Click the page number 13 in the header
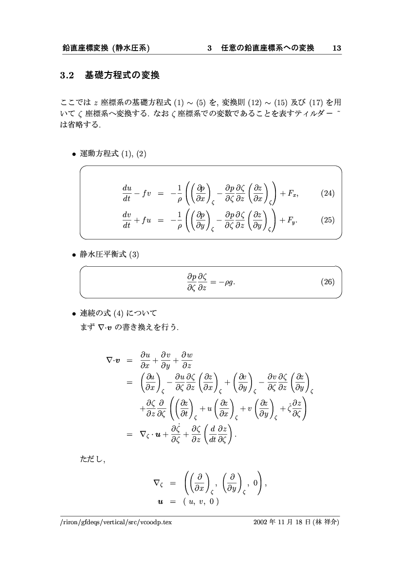[336, 48]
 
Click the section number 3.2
[66, 75]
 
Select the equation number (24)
[328, 194]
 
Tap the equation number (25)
[328, 220]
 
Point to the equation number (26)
[328, 281]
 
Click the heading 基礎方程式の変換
[122, 75]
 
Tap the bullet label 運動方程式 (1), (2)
[113, 154]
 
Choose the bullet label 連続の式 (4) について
[118, 312]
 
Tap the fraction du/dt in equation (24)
[127, 193]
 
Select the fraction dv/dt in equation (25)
[127, 220]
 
